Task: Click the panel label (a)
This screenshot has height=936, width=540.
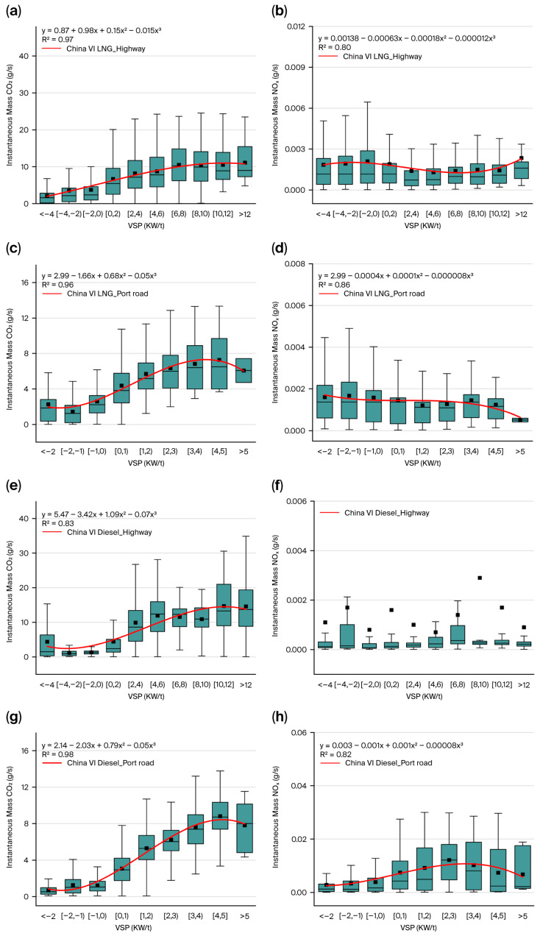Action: pos(13,11)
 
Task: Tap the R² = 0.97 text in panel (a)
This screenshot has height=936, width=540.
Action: pos(57,39)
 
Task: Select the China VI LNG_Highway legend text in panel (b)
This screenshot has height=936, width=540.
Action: pos(382,57)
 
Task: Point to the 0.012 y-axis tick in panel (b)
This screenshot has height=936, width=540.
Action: pos(296,26)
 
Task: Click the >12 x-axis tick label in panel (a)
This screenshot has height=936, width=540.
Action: pos(245,214)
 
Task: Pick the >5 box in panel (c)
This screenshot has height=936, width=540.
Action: pos(244,370)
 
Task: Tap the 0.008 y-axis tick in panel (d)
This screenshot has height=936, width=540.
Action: pos(296,264)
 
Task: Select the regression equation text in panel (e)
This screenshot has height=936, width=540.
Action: pos(99,514)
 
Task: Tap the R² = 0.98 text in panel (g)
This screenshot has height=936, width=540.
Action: pos(57,754)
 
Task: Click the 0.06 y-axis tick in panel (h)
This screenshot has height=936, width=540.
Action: pos(299,732)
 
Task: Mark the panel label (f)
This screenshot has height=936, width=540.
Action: pos(277,486)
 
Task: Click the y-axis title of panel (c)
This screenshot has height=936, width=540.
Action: pos(10,359)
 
